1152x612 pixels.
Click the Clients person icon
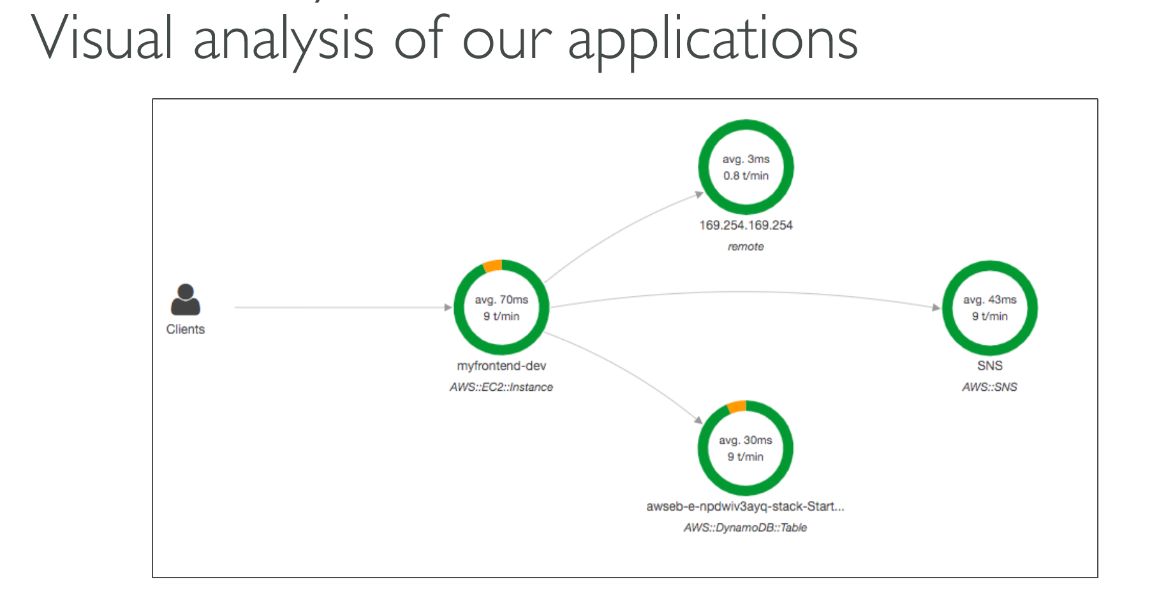pos(186,300)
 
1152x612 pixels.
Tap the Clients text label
pos(186,330)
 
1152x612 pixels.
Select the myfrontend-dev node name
pos(501,366)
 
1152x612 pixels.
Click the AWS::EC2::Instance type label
pos(501,387)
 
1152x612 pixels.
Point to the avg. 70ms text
pos(501,300)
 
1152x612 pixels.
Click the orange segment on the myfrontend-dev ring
pos(492,266)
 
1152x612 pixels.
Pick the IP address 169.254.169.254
pos(746,225)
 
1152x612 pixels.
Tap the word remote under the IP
pos(746,247)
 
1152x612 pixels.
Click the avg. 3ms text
pos(746,159)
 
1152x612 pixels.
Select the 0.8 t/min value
pos(746,176)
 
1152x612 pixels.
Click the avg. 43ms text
pos(990,300)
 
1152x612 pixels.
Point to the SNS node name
pos(990,366)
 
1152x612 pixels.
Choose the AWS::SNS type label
pos(990,387)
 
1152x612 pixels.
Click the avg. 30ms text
pos(746,441)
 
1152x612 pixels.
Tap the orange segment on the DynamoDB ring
pos(737,407)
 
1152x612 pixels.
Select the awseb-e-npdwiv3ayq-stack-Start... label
pos(745,507)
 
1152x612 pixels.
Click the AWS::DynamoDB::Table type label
pos(745,528)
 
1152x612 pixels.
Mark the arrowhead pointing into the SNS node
pos(937,308)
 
